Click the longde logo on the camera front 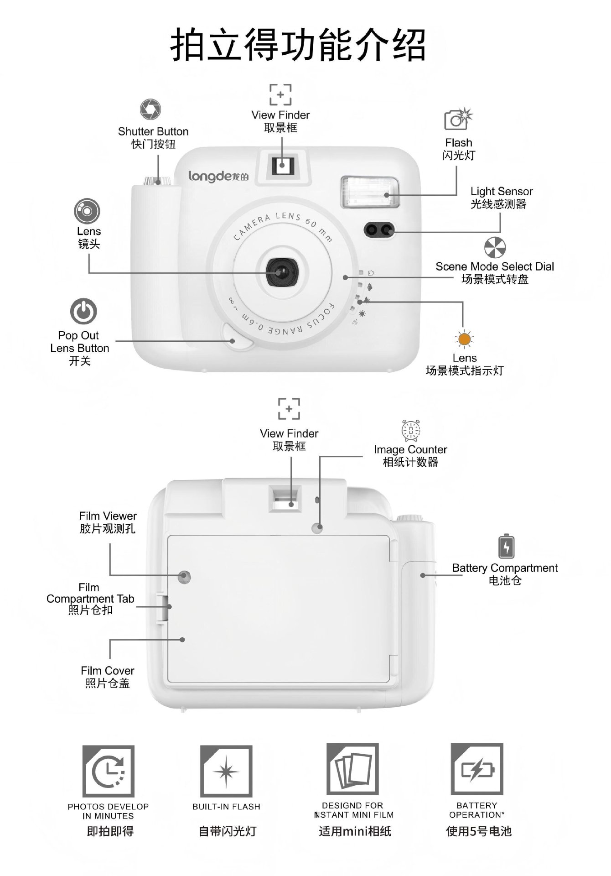218,176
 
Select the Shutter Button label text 153,132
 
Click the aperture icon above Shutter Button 150,110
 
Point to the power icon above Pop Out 83,312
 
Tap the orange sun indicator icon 464,339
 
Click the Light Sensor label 501,192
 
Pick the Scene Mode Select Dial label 495,267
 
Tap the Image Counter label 410,450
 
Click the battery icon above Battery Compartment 506,546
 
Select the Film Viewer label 108,516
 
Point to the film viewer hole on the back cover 184,577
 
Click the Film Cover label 108,671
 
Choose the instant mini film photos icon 352,771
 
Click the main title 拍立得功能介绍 299,45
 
